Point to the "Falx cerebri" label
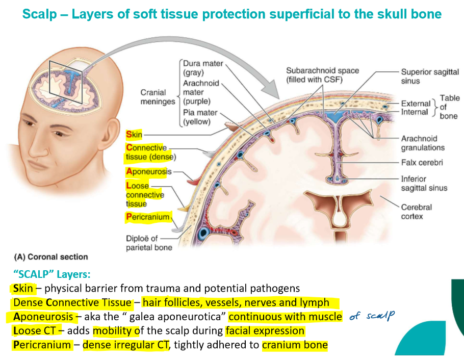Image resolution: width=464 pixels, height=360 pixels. click(x=422, y=163)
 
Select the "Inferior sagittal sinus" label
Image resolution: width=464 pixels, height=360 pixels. click(x=424, y=184)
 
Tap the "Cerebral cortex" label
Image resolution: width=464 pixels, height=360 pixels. click(x=416, y=212)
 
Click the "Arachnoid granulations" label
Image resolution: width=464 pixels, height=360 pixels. click(x=423, y=143)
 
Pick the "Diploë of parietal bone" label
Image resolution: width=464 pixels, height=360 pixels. click(x=149, y=243)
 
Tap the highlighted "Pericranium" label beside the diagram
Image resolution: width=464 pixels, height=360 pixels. click(x=148, y=217)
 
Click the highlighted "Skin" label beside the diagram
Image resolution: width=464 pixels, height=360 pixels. click(x=135, y=135)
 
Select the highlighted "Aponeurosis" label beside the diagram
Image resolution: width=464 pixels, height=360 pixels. click(x=149, y=172)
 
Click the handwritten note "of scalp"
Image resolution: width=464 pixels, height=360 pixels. click(x=373, y=316)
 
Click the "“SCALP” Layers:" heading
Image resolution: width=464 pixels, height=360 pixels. click(x=50, y=274)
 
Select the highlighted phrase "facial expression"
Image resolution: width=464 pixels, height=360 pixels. click(x=265, y=331)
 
